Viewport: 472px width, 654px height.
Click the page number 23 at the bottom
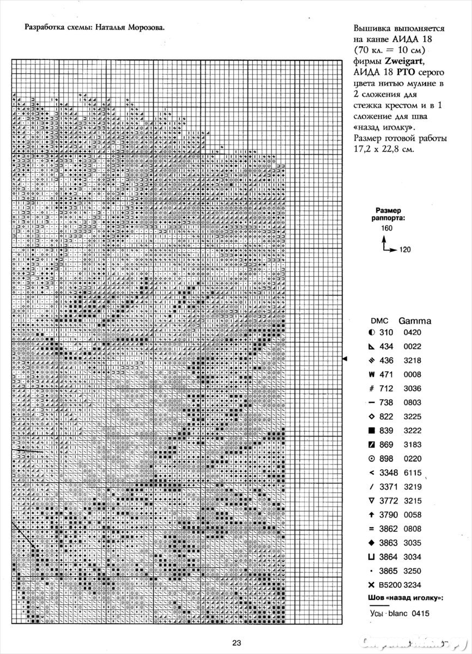tap(236, 643)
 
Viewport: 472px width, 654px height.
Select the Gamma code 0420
tap(412, 332)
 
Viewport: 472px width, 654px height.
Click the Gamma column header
tap(415, 320)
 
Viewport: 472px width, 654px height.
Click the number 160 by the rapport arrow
tap(387, 228)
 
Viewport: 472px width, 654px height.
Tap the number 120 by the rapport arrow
tap(404, 250)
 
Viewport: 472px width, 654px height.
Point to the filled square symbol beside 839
tap(372, 431)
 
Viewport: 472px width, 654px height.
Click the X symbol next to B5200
tap(372, 585)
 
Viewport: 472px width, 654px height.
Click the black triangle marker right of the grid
tap(344, 358)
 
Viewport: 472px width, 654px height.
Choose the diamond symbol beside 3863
tap(372, 543)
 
